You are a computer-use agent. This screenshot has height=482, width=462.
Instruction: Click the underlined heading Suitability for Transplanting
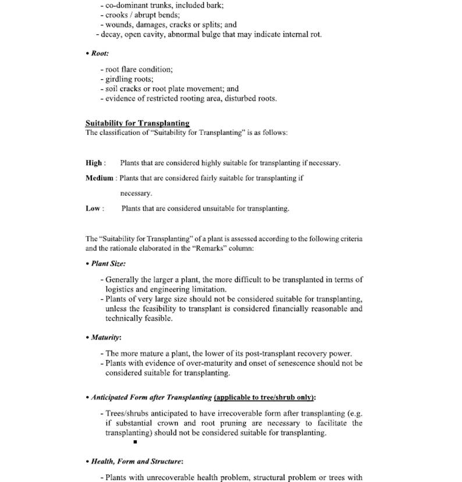tap(137, 123)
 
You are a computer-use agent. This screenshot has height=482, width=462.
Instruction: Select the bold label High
tap(94, 163)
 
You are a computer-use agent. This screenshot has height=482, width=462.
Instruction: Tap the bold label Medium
tap(99, 178)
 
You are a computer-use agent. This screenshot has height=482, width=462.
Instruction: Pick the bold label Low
tap(93, 208)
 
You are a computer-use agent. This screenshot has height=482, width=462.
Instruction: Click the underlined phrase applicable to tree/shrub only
tap(265, 398)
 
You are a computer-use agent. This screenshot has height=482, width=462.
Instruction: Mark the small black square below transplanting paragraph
tap(134, 442)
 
